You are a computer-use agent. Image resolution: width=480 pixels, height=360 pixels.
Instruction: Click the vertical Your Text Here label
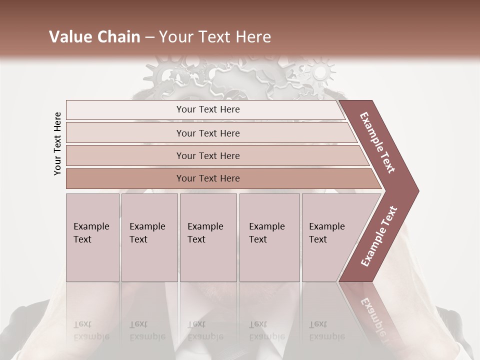pyautogui.click(x=57, y=144)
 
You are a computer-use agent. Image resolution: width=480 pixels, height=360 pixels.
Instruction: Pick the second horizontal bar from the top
pyautogui.click(x=208, y=133)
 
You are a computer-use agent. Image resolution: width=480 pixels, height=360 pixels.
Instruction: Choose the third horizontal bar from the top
pyautogui.click(x=208, y=155)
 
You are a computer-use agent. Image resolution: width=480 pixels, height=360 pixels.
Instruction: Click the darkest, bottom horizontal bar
pyautogui.click(x=208, y=178)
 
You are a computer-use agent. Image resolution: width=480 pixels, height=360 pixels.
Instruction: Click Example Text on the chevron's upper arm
pyautogui.click(x=377, y=142)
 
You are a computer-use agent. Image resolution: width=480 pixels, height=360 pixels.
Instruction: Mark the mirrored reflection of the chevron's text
pyautogui.click(x=372, y=320)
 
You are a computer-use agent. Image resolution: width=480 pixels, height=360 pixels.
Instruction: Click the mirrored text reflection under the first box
pyautogui.click(x=91, y=330)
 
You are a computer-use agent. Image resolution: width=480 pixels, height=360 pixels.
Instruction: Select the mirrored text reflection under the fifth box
pyautogui.click(x=326, y=330)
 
